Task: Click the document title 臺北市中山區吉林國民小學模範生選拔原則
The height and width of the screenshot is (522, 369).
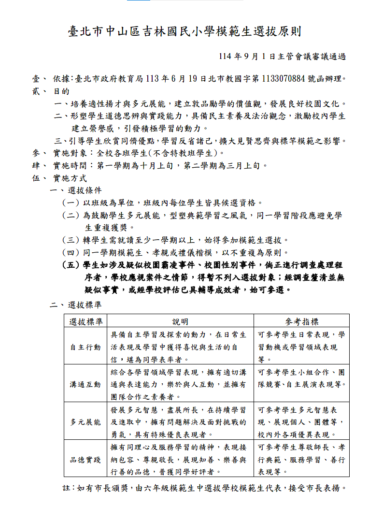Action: pyautogui.click(x=184, y=32)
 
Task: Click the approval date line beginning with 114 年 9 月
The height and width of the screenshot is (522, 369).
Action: pyautogui.click(x=282, y=57)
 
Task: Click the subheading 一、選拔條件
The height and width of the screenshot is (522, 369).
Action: pyautogui.click(x=76, y=190)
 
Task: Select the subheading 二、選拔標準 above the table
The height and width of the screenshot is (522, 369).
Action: pyautogui.click(x=76, y=305)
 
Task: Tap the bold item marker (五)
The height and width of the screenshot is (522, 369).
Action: pyautogui.click(x=71, y=265)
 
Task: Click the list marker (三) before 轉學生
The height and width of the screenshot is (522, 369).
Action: pyautogui.click(x=71, y=240)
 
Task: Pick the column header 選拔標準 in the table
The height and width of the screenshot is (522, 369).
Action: pyautogui.click(x=85, y=321)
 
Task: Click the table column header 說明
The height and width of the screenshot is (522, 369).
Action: pyautogui.click(x=180, y=321)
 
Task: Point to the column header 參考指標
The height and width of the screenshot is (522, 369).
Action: pyautogui.click(x=301, y=321)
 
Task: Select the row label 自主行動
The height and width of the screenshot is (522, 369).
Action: pyautogui.click(x=85, y=347)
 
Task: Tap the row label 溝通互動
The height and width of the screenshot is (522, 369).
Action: pyautogui.click(x=85, y=385)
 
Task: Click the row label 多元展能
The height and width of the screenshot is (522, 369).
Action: pyautogui.click(x=85, y=422)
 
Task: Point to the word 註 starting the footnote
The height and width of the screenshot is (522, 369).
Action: pyautogui.click(x=67, y=488)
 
